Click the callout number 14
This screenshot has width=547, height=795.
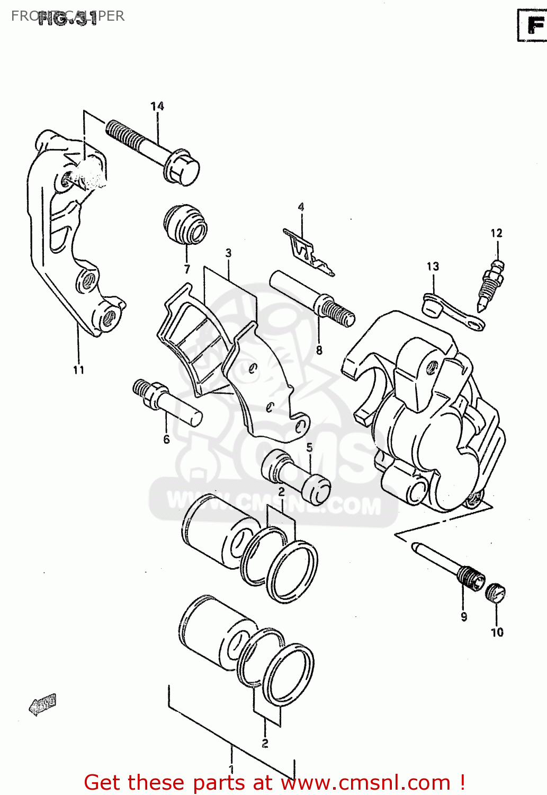(x=157, y=107)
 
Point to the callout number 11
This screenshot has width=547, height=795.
(x=79, y=370)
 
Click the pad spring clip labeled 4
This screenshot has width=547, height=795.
(x=307, y=253)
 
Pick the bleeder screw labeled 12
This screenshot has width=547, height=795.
(x=490, y=284)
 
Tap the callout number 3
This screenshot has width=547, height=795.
(x=228, y=253)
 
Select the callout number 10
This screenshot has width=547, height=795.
(x=497, y=632)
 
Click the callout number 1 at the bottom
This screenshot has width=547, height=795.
(x=231, y=768)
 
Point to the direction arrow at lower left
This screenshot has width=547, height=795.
(x=42, y=705)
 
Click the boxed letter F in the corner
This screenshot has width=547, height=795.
(x=533, y=25)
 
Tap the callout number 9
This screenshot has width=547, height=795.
(x=464, y=617)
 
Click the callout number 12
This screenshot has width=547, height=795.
(x=496, y=233)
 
